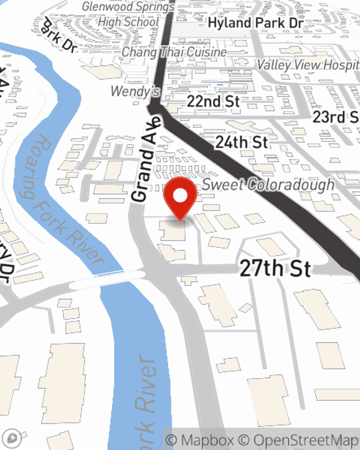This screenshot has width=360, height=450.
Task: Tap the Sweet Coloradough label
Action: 268,185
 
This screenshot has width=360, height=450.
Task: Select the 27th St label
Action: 275,269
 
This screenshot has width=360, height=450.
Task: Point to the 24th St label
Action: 242,143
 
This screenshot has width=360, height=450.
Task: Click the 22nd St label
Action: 213,101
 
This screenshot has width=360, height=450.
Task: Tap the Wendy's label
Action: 135,91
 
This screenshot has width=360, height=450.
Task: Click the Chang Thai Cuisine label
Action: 174,52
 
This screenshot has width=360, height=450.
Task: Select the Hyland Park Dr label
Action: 256,23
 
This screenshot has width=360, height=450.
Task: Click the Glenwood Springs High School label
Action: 128,14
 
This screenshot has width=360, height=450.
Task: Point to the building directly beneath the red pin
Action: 173,231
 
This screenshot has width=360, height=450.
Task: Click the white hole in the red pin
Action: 180,195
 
